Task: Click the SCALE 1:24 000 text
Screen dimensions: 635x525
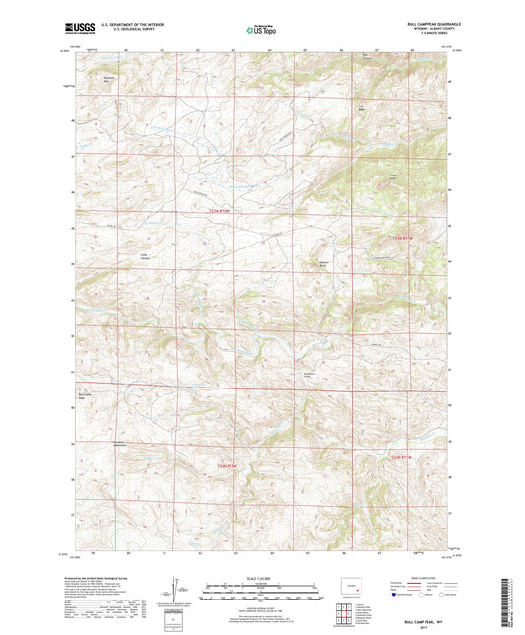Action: coord(262,578)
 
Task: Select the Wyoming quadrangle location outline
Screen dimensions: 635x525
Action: coord(351,593)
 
